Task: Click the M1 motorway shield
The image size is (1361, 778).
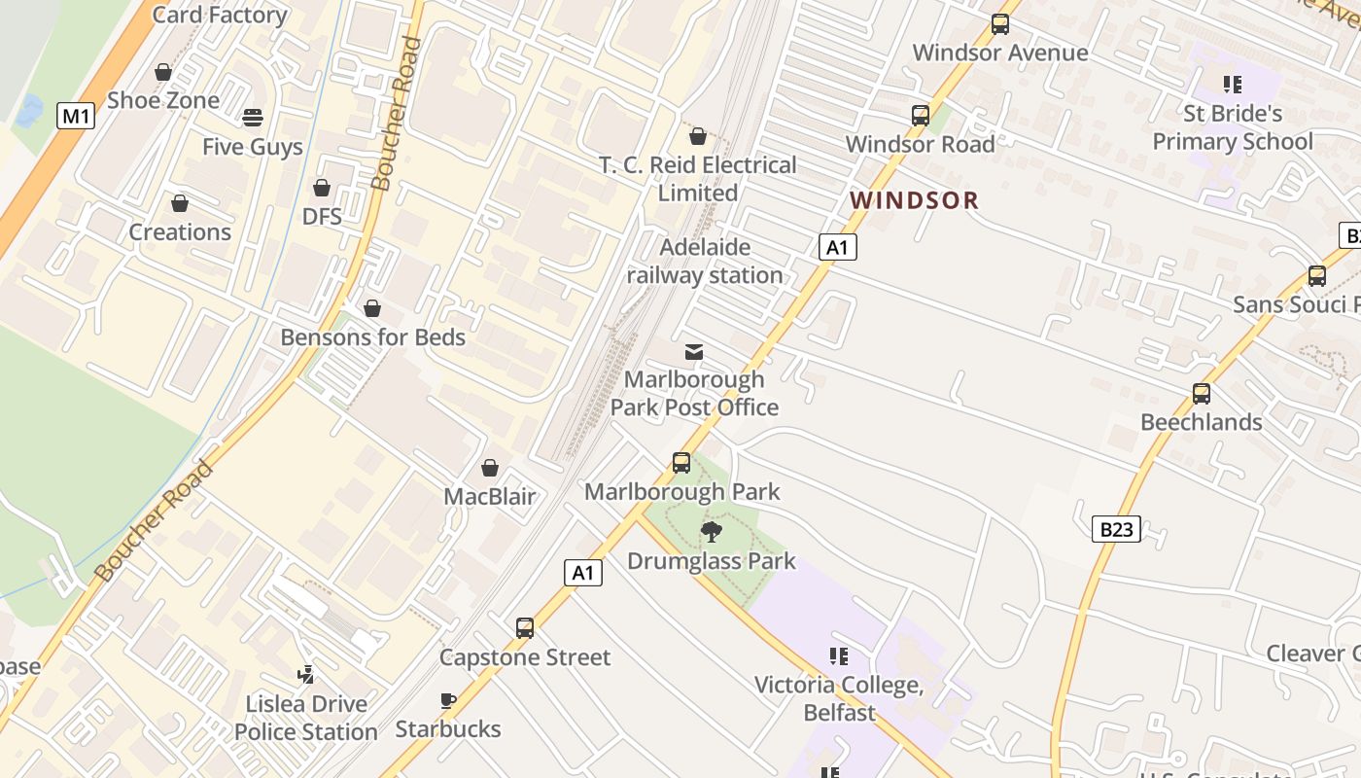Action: coord(76,117)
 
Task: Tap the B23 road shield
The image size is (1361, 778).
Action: coord(1117,529)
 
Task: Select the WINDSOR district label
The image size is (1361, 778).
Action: coord(914,200)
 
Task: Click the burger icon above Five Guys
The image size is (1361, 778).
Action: coord(253,118)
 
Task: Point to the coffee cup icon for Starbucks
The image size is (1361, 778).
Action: coord(447,700)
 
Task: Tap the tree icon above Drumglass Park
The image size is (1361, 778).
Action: coord(712,531)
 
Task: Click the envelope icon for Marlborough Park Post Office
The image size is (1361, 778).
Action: coord(694,351)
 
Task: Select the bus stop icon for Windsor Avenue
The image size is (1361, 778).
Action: coord(1000,24)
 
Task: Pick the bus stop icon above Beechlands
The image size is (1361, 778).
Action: coord(1202,394)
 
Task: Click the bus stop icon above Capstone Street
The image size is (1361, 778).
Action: coord(525,628)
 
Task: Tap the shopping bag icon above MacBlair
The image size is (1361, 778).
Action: coord(490,469)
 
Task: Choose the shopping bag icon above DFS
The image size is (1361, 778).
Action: coord(322,188)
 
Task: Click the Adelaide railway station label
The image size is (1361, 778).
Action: coord(705,261)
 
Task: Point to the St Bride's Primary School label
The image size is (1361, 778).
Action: coord(1232,127)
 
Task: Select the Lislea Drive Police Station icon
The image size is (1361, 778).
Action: coord(306,674)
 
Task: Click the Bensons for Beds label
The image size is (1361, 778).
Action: coord(372,337)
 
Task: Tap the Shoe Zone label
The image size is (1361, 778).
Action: coord(163,100)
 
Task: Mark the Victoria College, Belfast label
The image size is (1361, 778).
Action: coord(839,698)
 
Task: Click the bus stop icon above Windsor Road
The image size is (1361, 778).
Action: coord(920,116)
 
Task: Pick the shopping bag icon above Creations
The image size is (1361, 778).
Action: coord(180,203)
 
